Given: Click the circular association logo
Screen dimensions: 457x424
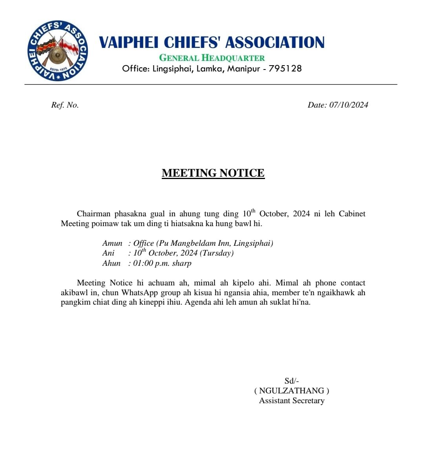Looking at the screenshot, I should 58,51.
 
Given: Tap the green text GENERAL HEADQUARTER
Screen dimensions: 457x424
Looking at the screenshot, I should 212,58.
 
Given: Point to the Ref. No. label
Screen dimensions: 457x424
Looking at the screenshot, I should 65,105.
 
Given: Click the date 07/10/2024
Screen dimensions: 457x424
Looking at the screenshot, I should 349,105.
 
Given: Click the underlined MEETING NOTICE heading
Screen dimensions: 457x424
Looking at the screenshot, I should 213,173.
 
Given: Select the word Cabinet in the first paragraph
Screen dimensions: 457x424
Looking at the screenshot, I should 352,214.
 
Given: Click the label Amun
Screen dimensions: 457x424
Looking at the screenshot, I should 112,243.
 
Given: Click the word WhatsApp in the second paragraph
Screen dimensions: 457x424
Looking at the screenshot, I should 139,293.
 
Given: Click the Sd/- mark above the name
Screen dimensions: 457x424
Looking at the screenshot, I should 292,381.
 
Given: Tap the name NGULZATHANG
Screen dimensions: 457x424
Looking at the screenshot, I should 292,391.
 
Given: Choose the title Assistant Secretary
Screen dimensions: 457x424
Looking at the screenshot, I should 292,401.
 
